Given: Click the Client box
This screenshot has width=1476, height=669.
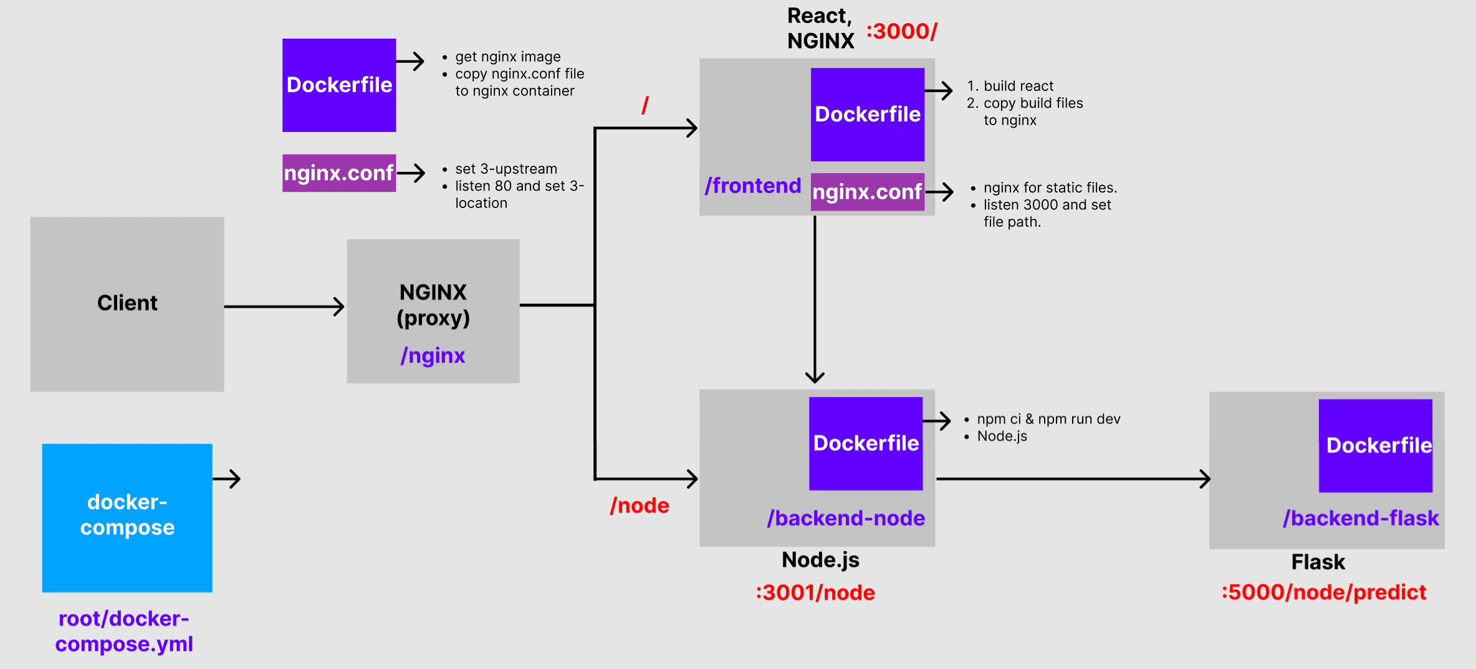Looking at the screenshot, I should point(127,304).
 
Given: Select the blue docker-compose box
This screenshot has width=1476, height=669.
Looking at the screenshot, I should point(127,517).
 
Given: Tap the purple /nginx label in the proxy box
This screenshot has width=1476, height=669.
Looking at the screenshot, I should point(433,356).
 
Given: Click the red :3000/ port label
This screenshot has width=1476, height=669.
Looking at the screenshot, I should point(901,31).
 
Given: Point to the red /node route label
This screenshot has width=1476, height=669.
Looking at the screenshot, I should point(640,505).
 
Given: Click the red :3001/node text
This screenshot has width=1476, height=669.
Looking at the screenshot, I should point(815,592).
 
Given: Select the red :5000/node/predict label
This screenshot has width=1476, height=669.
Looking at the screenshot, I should point(1324,592).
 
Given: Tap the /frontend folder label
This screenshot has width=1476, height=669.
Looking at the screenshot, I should point(753,186).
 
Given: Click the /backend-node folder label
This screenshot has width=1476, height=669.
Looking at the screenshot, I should point(846,518).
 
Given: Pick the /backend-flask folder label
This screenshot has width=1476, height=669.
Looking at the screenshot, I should point(1361,518).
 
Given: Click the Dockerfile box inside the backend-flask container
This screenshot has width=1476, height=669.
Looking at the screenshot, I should point(1376,445).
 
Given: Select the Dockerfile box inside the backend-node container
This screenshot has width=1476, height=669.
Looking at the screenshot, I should point(866,444).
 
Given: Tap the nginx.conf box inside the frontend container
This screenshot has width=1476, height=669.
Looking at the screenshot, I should point(867,192).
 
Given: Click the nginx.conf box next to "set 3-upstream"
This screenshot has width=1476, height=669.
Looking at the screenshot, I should point(339,173).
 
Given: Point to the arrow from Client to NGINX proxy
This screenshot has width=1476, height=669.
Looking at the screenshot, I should point(284,306).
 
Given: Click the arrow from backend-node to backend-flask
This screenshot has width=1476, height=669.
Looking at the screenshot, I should point(1072,479).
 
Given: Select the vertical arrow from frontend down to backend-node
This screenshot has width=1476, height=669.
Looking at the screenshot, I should point(815,299).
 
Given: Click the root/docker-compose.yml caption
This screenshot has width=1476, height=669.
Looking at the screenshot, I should point(124,631).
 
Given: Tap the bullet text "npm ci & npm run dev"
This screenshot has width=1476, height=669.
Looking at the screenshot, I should point(1048,419).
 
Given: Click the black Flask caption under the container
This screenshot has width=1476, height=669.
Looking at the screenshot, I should point(1318,562).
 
